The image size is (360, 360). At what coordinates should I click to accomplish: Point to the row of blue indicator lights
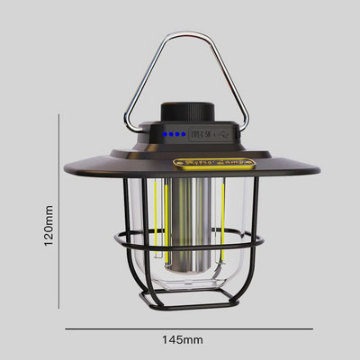point(176,135)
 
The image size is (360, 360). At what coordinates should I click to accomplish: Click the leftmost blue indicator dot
point(167,135)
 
